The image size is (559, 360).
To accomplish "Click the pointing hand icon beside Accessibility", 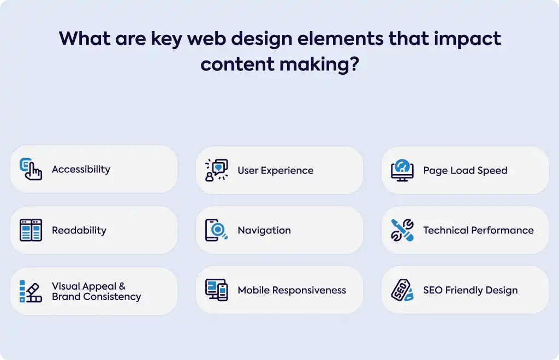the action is [31, 169].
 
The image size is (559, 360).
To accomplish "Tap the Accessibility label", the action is [81, 170].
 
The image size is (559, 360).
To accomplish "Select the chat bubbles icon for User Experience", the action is [217, 170].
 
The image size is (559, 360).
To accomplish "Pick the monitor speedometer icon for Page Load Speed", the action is [402, 170].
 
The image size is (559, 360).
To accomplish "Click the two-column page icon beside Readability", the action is [31, 230].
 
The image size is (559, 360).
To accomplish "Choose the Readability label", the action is [79, 230].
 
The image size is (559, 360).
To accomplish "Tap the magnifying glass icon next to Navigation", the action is [217, 230].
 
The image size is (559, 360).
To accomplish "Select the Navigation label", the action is [264, 231].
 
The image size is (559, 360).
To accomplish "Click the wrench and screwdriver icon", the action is [402, 230].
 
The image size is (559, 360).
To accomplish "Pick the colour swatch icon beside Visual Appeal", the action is [31, 291].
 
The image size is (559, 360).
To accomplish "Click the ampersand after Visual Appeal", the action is [122, 286].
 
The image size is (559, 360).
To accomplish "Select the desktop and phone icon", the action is [217, 290].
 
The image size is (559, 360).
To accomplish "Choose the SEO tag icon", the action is [402, 290].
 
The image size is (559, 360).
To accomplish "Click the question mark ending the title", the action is [354, 64].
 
